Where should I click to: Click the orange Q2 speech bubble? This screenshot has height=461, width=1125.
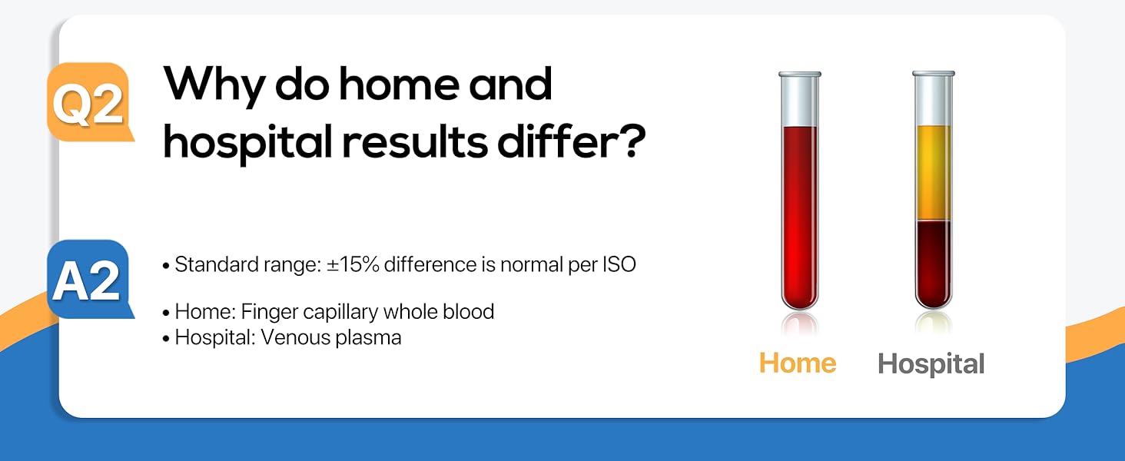click(88, 101)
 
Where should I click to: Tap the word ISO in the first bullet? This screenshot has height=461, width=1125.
click(618, 265)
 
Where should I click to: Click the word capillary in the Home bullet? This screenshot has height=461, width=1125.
click(341, 312)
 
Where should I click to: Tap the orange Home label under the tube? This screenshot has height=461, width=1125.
click(798, 363)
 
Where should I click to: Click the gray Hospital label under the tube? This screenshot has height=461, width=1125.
click(931, 363)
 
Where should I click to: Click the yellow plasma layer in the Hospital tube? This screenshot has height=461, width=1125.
click(933, 173)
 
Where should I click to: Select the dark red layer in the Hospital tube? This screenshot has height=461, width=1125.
click(933, 261)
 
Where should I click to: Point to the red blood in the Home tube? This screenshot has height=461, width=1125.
click(800, 215)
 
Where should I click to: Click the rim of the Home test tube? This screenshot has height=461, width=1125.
click(800, 75)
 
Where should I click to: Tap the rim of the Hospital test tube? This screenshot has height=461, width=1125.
click(933, 75)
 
